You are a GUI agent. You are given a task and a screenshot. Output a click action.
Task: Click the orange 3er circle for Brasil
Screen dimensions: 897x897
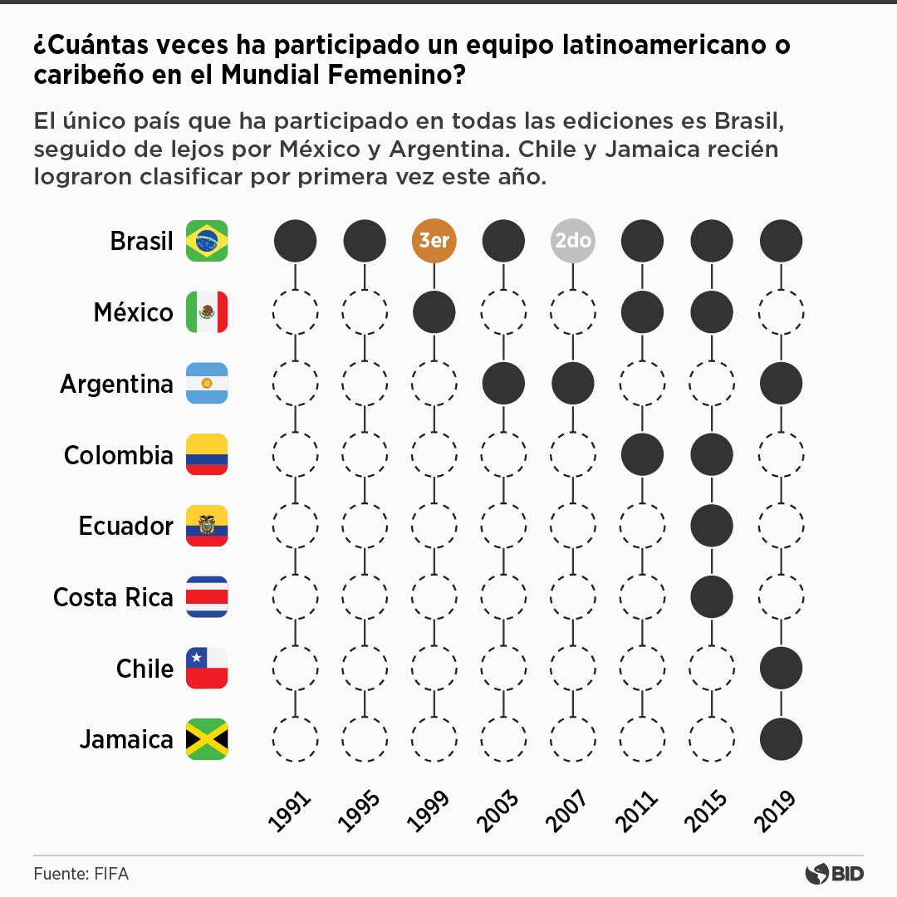tap(434, 242)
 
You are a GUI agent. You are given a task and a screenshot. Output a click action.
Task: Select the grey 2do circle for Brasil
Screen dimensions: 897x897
tap(572, 242)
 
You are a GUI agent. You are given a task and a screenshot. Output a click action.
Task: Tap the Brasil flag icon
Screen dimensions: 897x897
tap(207, 241)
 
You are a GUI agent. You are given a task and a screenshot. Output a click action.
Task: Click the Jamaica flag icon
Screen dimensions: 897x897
tap(207, 739)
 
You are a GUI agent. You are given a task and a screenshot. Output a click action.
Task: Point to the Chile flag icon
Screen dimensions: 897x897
tap(207, 668)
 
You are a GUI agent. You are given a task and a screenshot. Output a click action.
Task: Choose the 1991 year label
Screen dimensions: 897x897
tap(290, 811)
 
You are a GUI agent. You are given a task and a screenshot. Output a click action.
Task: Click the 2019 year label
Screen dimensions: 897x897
tap(777, 811)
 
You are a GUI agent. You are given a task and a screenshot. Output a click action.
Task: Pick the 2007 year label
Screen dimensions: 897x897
tap(568, 811)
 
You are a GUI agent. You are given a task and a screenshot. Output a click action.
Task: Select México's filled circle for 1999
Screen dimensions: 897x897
tap(434, 312)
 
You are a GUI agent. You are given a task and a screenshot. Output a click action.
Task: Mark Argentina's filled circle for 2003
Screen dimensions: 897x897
tap(503, 384)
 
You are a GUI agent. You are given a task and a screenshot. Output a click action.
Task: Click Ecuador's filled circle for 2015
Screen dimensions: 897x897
tap(712, 526)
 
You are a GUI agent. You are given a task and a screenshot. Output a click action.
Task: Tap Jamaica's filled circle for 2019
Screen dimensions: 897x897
tap(781, 739)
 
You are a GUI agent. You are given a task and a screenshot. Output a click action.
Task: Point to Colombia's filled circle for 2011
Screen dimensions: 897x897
tap(642, 454)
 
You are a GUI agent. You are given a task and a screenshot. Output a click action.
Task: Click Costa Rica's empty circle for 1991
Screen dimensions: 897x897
tap(295, 597)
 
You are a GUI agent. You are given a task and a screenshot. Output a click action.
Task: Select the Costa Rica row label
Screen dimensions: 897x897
tap(113, 597)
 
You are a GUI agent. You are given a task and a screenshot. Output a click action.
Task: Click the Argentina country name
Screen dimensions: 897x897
tap(116, 384)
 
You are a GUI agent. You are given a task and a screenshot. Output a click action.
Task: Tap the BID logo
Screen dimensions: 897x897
tap(834, 874)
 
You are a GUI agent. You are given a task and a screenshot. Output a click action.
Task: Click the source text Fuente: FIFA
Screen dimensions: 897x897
tap(81, 874)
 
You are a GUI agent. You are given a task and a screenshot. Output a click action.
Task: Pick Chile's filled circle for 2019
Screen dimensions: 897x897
tap(781, 668)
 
